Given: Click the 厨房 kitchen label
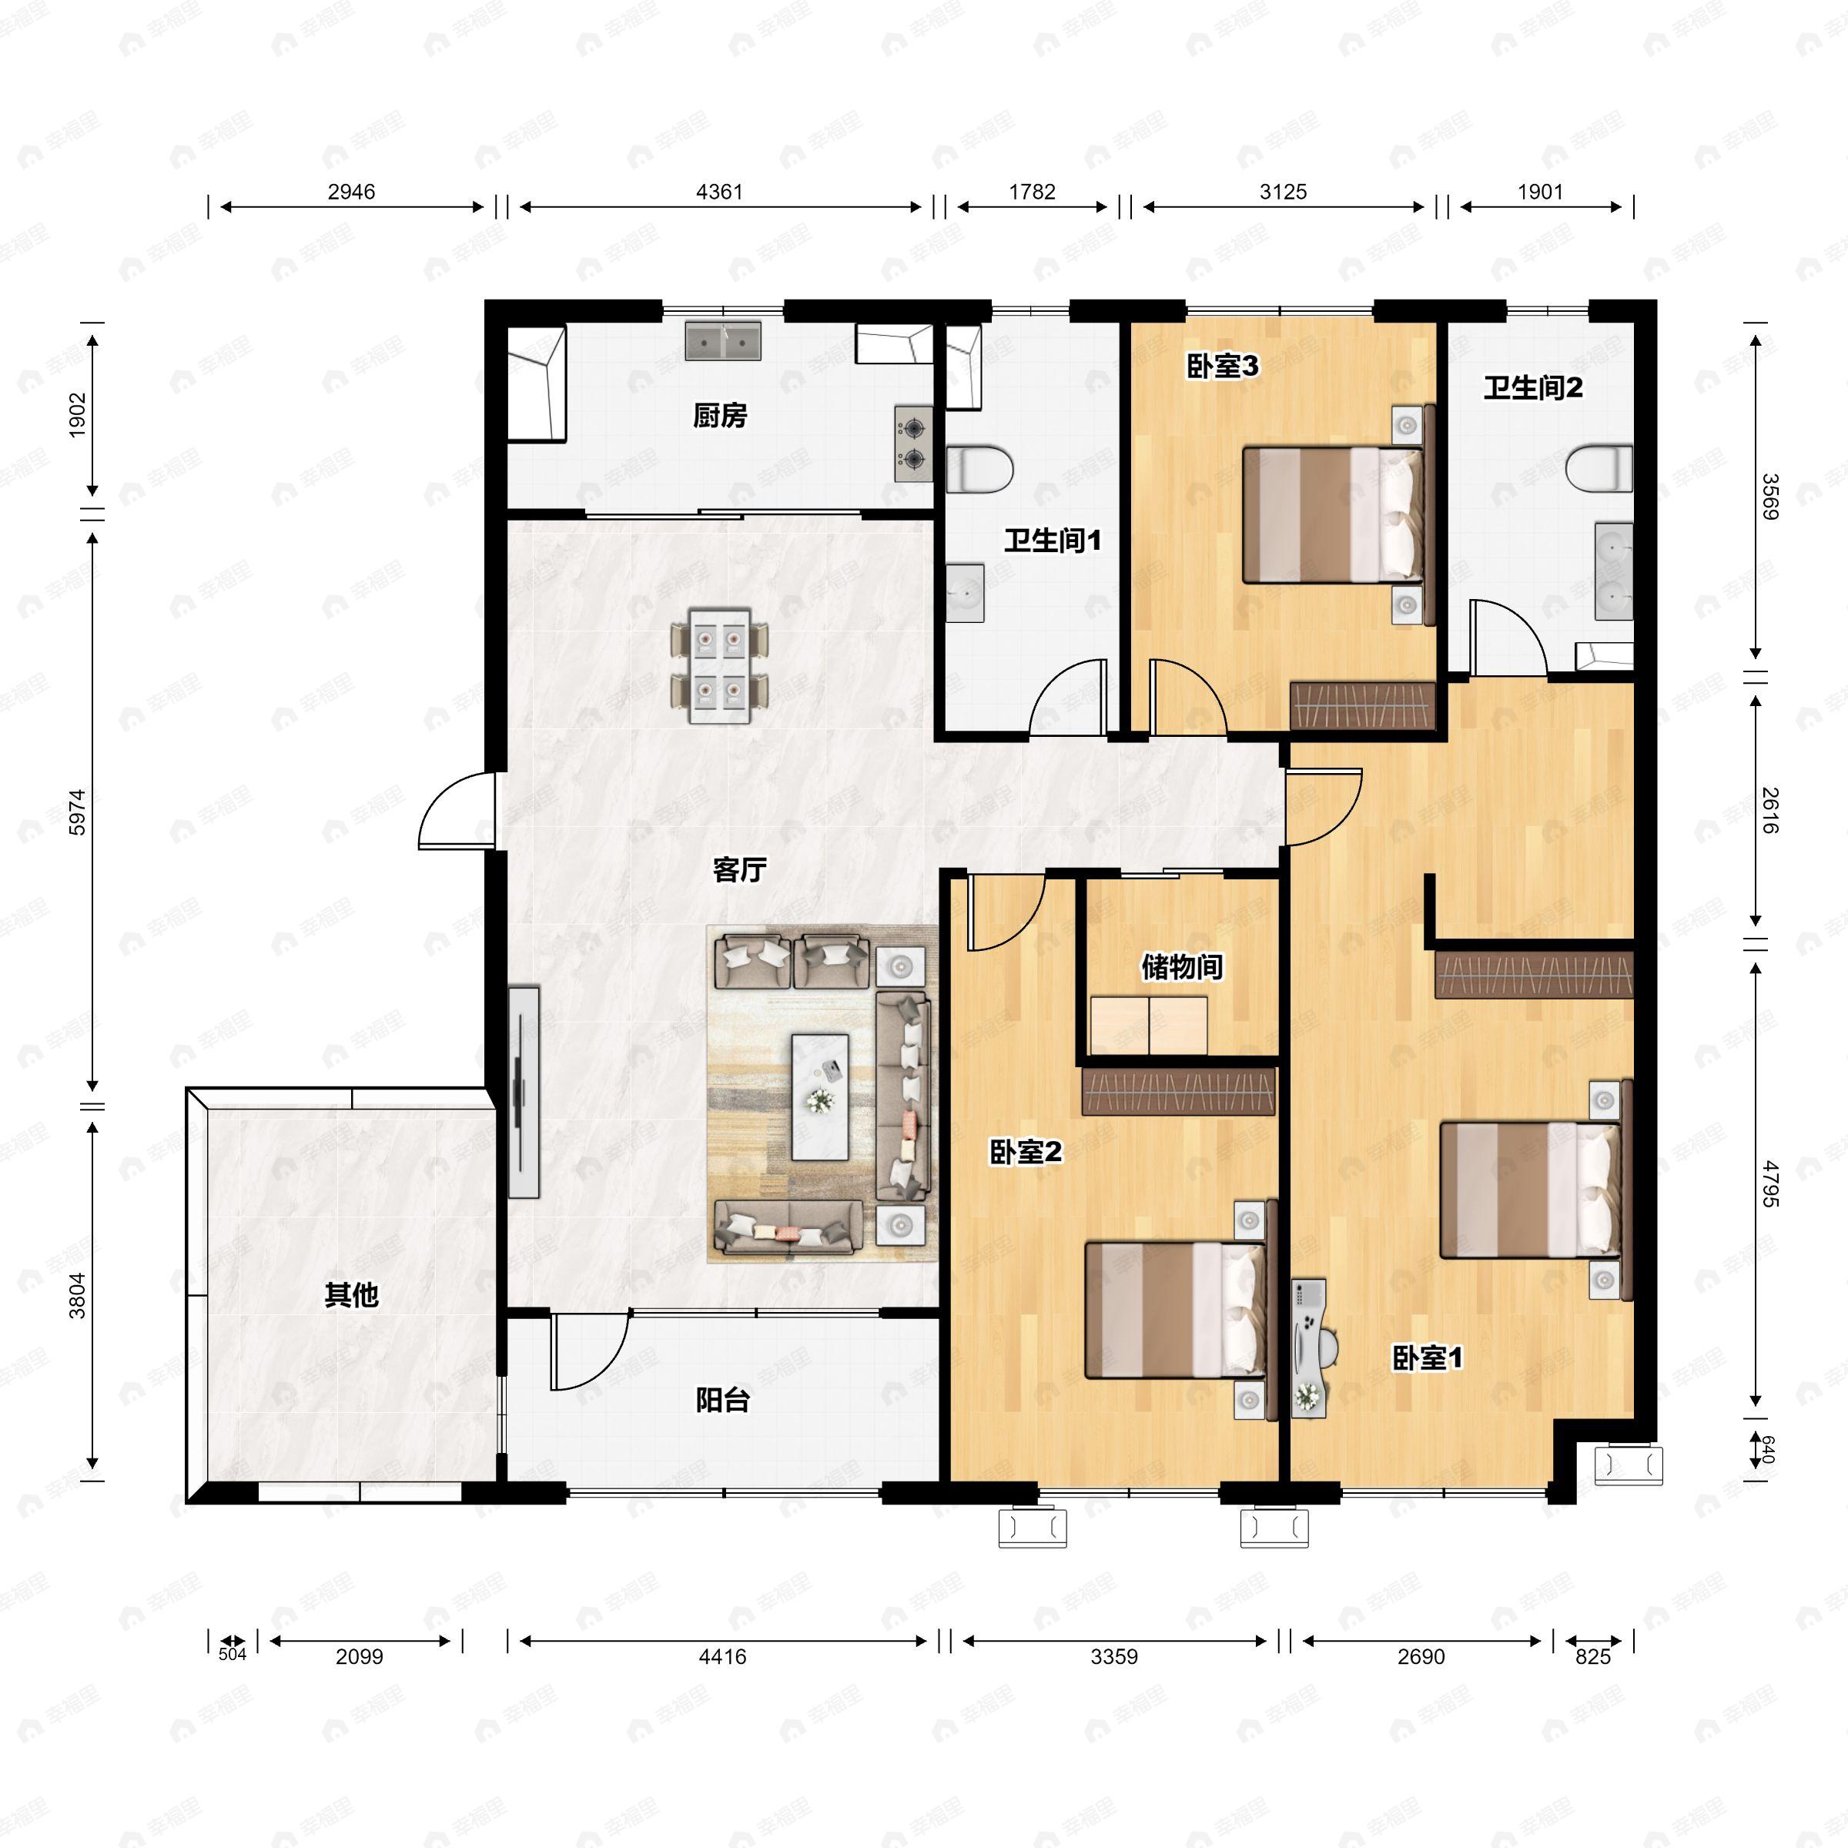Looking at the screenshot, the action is [x=719, y=416].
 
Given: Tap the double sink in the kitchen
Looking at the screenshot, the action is [x=723, y=340].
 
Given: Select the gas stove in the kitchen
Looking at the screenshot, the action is [x=913, y=444].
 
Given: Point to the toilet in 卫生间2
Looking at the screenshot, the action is [x=1599, y=467].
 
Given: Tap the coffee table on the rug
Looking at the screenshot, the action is [x=820, y=1097].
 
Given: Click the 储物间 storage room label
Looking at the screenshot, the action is [x=1182, y=967].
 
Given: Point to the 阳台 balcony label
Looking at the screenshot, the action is [x=722, y=1401].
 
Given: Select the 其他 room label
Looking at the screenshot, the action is [x=351, y=1295].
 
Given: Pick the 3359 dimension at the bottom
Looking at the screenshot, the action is [x=1114, y=1655].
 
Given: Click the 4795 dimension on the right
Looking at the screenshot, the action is [x=1770, y=1183].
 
